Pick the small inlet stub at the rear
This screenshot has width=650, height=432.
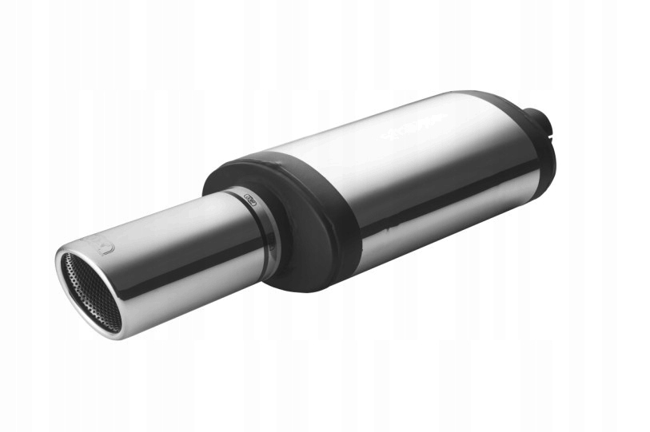click(x=547, y=125)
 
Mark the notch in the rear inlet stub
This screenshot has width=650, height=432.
click(x=551, y=128)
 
